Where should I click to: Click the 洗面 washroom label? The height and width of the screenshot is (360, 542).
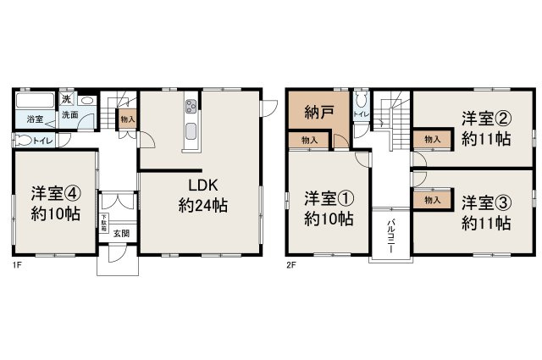point(70,115)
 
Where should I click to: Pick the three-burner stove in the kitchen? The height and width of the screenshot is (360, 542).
point(191,107)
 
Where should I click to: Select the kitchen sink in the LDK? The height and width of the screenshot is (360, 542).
point(190,131)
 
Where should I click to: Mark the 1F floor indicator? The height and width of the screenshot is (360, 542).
point(17,265)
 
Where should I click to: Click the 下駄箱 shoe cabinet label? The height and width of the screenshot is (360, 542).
point(103,224)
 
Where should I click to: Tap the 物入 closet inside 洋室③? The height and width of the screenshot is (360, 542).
point(431,200)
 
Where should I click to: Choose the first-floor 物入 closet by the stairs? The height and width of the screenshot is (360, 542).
point(127,120)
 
